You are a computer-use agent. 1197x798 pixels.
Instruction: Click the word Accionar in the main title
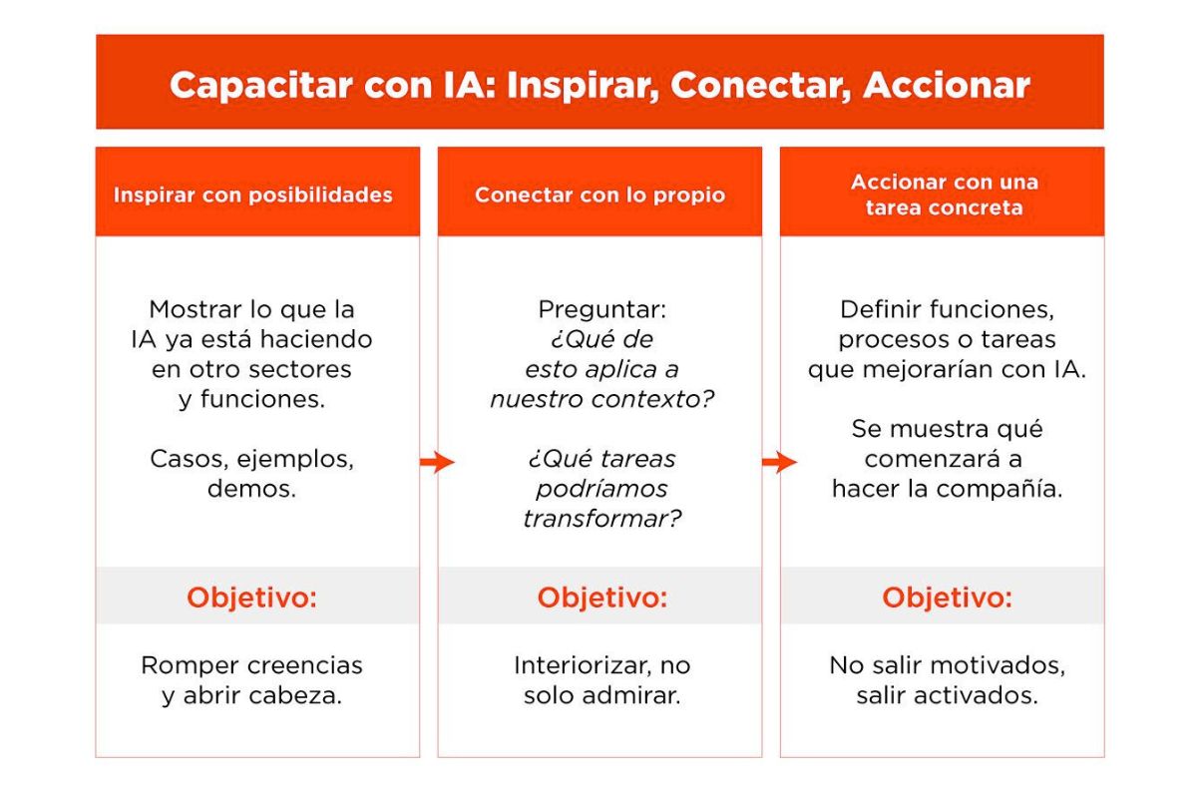(946, 85)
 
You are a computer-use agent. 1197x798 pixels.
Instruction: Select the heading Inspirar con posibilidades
(252, 195)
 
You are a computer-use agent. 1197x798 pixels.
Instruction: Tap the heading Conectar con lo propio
(599, 195)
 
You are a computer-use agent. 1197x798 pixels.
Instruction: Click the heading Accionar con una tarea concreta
(944, 195)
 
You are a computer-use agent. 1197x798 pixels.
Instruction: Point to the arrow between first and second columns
(437, 462)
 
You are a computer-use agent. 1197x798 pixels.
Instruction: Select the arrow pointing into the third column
(779, 462)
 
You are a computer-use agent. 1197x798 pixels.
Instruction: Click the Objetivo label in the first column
(251, 598)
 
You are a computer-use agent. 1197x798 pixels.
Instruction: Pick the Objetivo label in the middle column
(601, 598)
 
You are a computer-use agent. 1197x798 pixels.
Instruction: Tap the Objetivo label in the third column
(947, 598)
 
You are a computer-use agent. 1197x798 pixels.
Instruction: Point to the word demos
(251, 490)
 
